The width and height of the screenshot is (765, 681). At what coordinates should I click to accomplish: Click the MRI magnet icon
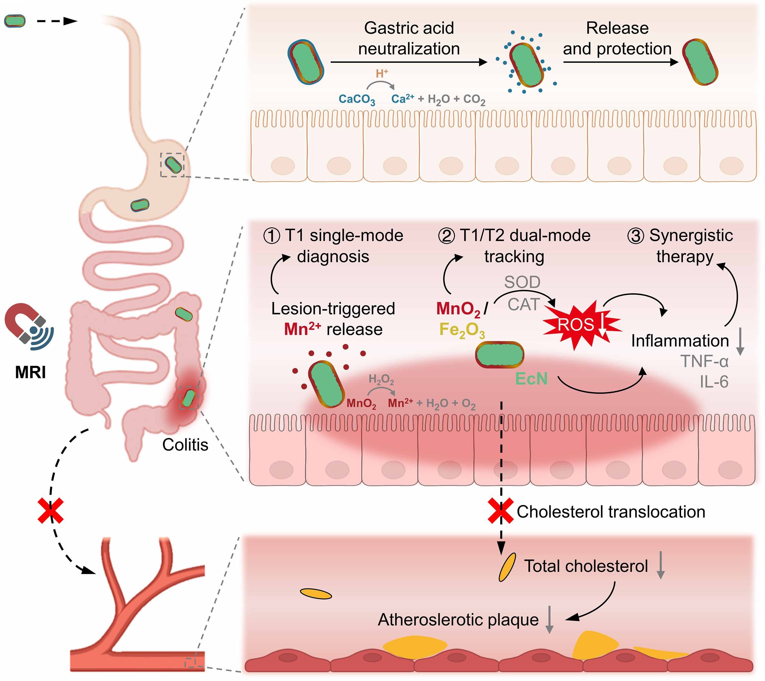point(28,324)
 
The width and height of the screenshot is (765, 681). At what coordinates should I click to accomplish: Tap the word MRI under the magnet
point(30,373)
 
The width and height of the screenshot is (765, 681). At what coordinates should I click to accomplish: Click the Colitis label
point(185,445)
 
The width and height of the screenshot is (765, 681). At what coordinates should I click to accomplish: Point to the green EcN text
point(531,379)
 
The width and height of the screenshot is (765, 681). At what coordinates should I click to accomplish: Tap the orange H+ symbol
point(382,74)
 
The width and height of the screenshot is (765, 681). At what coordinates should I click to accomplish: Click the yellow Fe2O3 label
point(462,330)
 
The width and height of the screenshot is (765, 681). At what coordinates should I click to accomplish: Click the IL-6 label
point(714,382)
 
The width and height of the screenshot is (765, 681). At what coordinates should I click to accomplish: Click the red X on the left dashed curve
point(50,511)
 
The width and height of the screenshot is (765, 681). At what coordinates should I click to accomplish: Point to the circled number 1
point(272,236)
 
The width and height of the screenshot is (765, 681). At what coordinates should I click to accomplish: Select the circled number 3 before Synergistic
point(635,236)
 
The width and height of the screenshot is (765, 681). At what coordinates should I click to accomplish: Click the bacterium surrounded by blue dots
point(526,64)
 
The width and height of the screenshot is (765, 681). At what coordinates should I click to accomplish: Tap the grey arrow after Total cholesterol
point(661,565)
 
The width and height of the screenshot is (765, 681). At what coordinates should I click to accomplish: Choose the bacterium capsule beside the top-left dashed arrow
point(15,21)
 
